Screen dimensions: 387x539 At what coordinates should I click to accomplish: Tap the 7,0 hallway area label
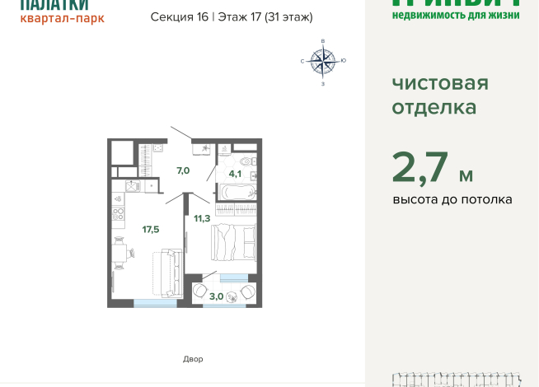182,170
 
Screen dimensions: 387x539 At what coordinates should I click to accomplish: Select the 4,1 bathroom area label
235,174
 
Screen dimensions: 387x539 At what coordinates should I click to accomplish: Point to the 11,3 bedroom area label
201,218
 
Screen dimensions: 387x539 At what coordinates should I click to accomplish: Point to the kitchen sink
129,186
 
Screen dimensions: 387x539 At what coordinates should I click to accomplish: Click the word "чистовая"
439,83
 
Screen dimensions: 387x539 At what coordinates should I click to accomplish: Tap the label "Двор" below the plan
192,359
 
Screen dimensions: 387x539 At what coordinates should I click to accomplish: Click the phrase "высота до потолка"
452,200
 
